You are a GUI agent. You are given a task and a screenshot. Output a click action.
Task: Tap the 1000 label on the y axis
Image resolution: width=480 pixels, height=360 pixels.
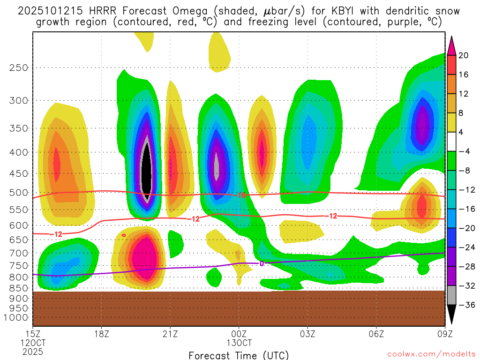coord(16,318)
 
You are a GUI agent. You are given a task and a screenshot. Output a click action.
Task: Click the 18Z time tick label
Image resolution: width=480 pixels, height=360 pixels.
coord(102,334)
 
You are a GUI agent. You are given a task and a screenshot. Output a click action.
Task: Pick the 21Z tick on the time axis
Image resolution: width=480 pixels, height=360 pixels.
coord(170,334)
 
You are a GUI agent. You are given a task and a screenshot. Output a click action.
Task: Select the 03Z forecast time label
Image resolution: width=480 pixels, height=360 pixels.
coord(307,334)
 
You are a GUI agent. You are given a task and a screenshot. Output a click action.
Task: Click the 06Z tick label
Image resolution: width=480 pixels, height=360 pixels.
coord(376,334)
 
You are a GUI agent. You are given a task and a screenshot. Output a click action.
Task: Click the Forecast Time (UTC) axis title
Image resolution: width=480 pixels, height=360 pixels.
coord(239,355)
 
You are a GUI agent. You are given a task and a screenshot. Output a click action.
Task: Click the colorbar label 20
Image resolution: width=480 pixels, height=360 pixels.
coord(464,55)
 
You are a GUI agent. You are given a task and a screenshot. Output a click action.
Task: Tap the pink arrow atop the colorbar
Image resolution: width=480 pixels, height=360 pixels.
coord(451,45)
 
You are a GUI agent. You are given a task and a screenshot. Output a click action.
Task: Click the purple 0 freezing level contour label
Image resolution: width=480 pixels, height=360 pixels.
coord(262,263)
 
